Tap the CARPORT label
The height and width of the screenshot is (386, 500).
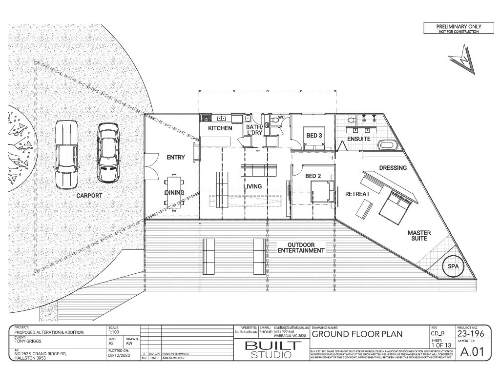click(x=89, y=196)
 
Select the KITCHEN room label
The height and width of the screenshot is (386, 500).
click(x=220, y=128)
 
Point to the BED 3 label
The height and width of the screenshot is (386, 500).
click(x=313, y=136)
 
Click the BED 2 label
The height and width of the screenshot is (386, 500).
click(x=312, y=176)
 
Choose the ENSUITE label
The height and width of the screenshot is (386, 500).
click(x=358, y=139)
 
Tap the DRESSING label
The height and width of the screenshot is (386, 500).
click(x=393, y=168)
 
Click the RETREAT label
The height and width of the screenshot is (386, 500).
click(x=357, y=194)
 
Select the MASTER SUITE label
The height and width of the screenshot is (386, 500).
click(x=419, y=236)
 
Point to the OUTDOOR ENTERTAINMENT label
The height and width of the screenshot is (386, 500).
click(x=301, y=247)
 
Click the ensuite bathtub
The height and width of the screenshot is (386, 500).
click(x=390, y=145)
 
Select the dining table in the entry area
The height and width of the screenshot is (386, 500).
click(x=174, y=192)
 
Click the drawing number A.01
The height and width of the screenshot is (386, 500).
click(x=472, y=352)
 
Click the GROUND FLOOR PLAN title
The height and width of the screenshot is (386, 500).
click(x=357, y=334)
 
